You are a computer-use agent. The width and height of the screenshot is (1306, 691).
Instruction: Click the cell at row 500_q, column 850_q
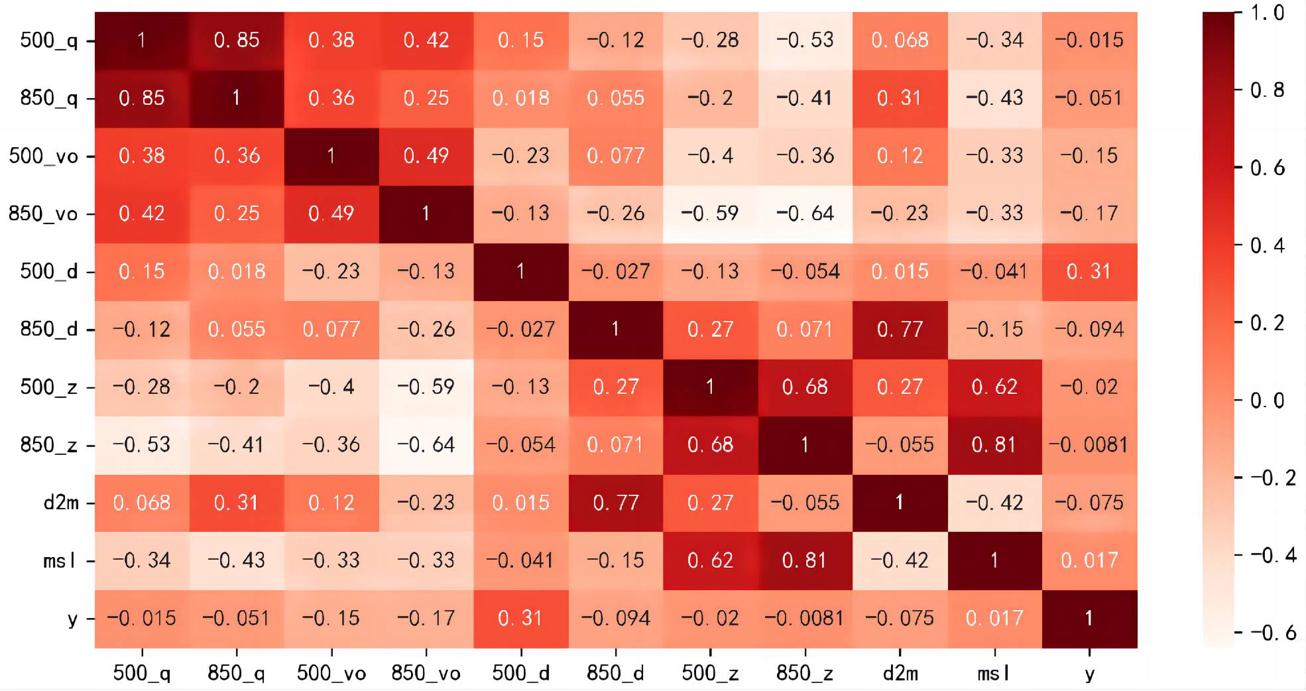point(237,40)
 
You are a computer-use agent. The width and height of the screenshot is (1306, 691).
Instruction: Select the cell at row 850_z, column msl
point(994,444)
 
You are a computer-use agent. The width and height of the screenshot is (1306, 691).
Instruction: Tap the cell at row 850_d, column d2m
point(900,329)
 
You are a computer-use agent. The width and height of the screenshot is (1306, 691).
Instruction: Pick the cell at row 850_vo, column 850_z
point(805,214)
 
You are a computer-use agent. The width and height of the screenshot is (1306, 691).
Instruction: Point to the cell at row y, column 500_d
point(521,618)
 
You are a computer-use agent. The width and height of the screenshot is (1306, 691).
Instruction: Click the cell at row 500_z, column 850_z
point(805,387)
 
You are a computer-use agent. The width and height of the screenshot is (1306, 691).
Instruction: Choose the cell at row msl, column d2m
point(900,560)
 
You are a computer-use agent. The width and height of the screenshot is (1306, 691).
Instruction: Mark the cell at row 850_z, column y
point(1089,444)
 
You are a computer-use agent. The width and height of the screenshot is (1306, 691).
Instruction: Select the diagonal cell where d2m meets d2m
point(900,503)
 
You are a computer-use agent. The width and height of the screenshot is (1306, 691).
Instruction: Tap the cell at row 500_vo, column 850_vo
point(426,156)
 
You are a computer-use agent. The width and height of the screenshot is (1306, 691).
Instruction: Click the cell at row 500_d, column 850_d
point(616,271)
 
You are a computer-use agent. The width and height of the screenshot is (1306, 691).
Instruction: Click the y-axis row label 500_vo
point(44,157)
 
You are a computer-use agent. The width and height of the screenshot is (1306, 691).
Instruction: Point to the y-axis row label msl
point(60,561)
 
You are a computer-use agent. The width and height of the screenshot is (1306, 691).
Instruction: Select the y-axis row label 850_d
point(49,330)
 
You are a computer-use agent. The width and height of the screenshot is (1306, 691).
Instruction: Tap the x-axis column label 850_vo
point(426,674)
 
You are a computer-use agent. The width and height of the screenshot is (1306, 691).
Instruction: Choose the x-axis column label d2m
point(900,674)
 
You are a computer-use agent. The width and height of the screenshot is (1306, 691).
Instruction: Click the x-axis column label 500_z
point(710,674)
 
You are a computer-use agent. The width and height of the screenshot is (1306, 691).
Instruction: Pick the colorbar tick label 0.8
point(1267,90)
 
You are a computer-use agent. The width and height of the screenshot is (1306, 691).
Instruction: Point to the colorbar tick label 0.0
point(1267,401)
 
